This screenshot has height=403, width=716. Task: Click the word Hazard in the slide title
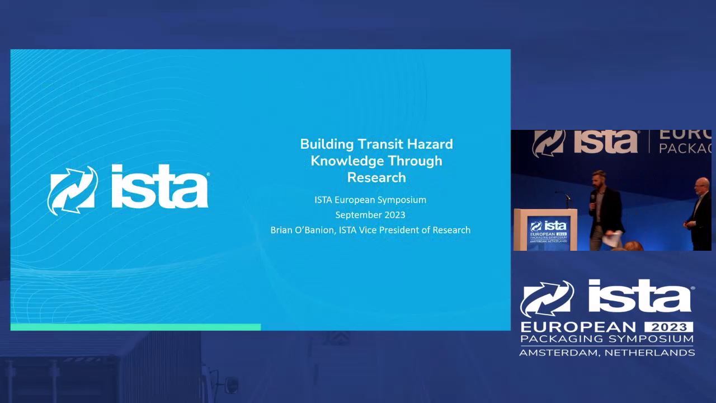click(x=430, y=144)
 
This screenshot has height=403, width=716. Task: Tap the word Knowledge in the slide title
click(x=346, y=161)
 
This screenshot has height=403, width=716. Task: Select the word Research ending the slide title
click(x=376, y=177)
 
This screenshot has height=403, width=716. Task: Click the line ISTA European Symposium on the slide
click(x=370, y=200)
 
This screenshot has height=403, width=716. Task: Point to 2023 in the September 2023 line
click(x=395, y=214)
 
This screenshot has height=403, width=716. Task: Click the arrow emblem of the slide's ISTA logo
click(x=73, y=190)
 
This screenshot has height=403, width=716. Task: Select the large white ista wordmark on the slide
click(x=160, y=186)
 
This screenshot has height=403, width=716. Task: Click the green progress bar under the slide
click(x=135, y=327)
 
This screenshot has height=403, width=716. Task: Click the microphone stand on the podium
click(x=565, y=199)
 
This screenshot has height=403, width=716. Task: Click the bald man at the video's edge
click(x=699, y=214)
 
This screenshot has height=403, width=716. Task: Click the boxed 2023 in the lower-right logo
click(x=668, y=327)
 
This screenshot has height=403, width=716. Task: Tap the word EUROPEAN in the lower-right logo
click(x=578, y=327)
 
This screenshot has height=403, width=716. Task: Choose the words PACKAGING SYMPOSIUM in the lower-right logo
click(x=607, y=339)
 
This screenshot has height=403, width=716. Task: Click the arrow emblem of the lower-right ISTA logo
click(x=547, y=299)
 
